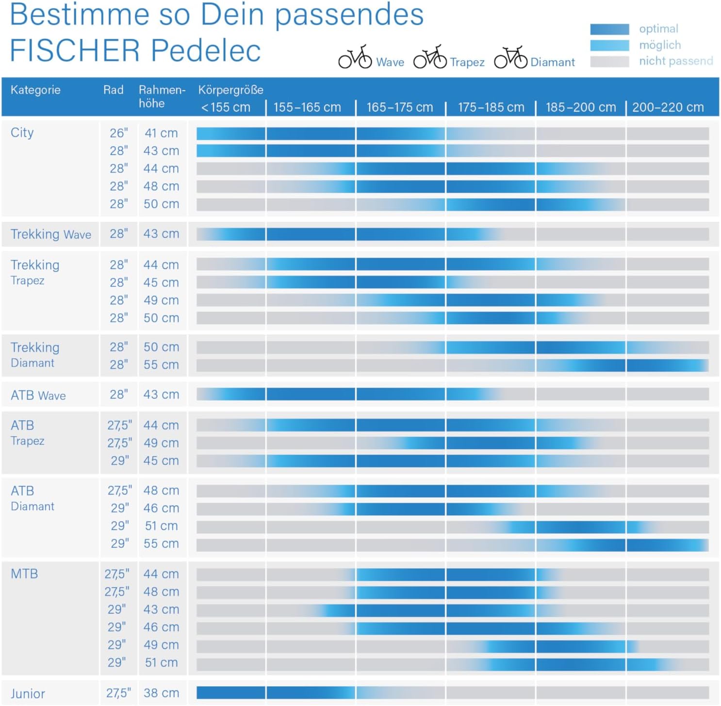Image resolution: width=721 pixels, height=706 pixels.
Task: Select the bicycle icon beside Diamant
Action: [510, 58]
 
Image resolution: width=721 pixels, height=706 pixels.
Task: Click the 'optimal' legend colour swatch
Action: [609, 29]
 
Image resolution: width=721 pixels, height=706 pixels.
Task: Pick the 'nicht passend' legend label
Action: [676, 61]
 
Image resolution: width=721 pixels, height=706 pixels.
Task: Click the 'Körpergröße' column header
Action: [230, 90]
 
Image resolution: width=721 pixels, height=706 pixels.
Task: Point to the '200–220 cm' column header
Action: [668, 107]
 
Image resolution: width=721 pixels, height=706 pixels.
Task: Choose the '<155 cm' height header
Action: [226, 107]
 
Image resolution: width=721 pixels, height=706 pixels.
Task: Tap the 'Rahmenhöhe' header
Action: [162, 97]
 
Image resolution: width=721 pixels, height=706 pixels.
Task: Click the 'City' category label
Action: [22, 132]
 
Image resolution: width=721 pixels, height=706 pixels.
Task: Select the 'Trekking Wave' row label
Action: [51, 234]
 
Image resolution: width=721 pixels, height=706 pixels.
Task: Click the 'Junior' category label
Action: [28, 693]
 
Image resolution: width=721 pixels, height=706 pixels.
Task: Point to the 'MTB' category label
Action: [24, 574]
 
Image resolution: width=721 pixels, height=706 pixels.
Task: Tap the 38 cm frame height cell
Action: [161, 693]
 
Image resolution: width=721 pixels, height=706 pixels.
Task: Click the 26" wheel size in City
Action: [118, 133]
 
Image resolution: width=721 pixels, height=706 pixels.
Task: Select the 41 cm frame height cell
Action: [161, 133]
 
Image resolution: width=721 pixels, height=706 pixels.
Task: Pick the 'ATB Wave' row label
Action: [38, 395]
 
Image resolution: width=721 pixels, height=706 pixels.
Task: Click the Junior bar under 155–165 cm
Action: [311, 692]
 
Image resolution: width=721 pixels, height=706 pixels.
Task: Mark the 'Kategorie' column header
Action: [35, 90]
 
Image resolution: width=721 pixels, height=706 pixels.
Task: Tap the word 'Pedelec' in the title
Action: [206, 50]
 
